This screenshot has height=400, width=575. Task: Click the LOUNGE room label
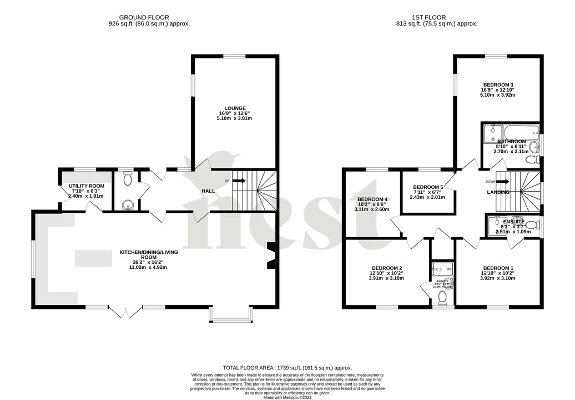point(235,108)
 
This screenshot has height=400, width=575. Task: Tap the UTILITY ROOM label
point(86,186)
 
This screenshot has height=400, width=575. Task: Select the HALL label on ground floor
point(208,191)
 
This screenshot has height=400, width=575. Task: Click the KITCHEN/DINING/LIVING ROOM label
point(148,253)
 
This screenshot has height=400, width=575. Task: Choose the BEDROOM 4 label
point(372,199)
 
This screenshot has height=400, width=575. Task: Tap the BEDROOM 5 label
point(427,187)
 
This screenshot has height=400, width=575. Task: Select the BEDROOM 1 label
point(498,268)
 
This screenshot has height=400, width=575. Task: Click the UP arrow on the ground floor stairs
point(240,181)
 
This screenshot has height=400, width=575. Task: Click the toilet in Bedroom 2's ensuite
point(443,298)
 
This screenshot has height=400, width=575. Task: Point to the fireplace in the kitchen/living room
point(270,256)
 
